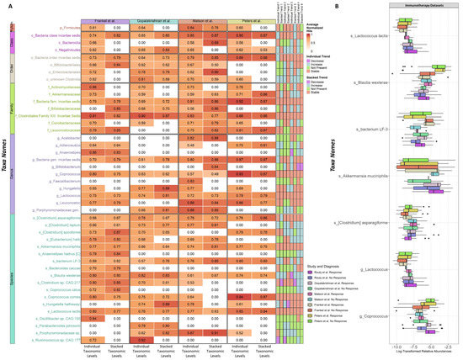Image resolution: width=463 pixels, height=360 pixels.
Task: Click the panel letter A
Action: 5,5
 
